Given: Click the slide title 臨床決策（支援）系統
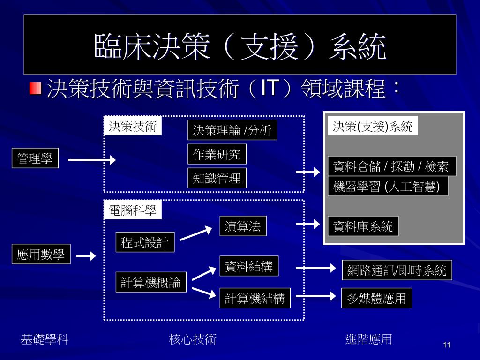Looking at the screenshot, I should [x=240, y=46].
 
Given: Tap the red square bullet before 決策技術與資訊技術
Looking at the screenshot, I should [x=35, y=88].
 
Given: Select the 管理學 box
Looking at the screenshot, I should [x=35, y=158].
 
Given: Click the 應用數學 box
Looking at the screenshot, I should [x=41, y=255].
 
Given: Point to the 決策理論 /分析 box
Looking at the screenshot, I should [x=232, y=130].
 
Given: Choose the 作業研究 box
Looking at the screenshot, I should [x=217, y=154].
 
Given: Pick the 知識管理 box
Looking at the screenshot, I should [x=217, y=178].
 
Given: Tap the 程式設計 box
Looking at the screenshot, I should [x=144, y=242].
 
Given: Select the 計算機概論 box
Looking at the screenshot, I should [x=150, y=282].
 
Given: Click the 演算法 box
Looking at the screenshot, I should [x=242, y=226].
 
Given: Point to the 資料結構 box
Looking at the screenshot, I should [x=248, y=267].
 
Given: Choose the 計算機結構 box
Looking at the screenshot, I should [x=255, y=298].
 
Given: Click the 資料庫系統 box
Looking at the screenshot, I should [x=362, y=226].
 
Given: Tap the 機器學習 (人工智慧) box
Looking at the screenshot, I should [x=387, y=186].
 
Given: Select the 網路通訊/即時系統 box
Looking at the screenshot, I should [x=397, y=270].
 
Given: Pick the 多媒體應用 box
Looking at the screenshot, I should [x=376, y=298].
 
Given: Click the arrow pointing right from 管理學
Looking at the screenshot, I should [x=92, y=160].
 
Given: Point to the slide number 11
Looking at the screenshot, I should [x=446, y=345].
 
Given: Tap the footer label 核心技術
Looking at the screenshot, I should [x=193, y=339].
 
